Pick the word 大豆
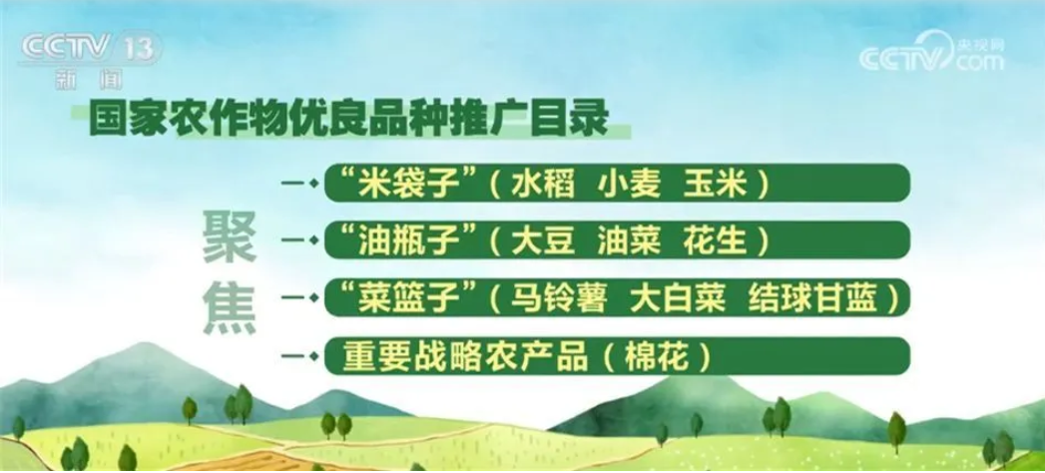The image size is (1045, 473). pos(543,240)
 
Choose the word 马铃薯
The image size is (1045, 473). pos(559,297)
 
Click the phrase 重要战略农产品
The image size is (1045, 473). pos(465,356)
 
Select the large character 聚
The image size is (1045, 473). pos(230,237)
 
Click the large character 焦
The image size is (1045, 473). pos(230,308)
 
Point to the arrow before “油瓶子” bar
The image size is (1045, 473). pos(298,240)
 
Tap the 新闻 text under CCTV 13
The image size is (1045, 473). pos(89,80)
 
